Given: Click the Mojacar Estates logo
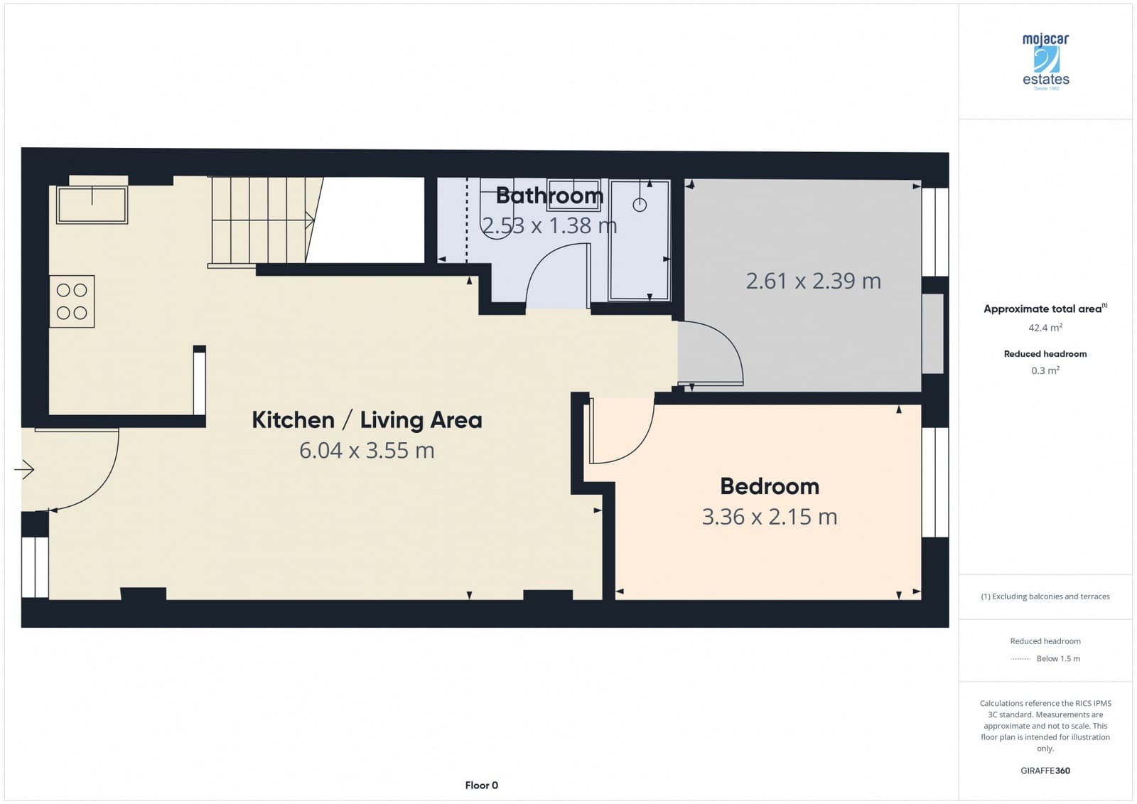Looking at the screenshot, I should click(x=1045, y=61).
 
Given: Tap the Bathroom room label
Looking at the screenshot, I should click(x=549, y=195).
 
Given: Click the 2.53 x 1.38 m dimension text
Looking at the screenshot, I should click(x=549, y=225).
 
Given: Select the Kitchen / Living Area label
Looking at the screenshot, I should click(x=367, y=420).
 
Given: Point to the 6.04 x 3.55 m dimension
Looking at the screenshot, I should click(x=367, y=451).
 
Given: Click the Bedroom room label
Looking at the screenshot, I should click(x=770, y=486).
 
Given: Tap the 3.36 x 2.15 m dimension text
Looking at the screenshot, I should click(x=770, y=517).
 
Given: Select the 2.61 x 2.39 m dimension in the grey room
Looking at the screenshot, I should click(x=813, y=281).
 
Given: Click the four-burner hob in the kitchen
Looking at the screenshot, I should click(x=72, y=301).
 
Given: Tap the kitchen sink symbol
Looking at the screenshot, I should click(x=92, y=205).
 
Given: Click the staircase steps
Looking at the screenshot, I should click(x=259, y=220).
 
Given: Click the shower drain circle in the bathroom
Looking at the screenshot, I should click(x=640, y=205).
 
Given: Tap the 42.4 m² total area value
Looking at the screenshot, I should click(x=1045, y=328).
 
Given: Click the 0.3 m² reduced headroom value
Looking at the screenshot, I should click(x=1045, y=370).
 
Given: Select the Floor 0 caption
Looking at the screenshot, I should click(x=481, y=786).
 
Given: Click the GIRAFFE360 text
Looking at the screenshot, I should click(x=1045, y=771).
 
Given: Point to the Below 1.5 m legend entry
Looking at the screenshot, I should click(x=1057, y=659).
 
